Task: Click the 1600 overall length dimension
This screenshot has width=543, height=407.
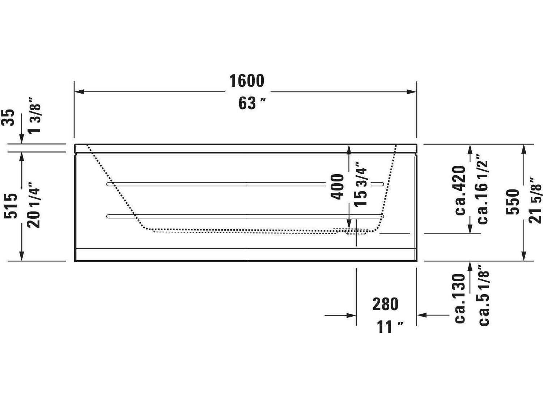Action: point(247,81)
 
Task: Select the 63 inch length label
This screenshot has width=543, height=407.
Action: point(252,104)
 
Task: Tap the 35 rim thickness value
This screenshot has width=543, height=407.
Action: point(10,117)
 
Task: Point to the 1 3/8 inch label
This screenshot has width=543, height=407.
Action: point(35,115)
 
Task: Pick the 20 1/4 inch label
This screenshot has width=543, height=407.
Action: point(35,207)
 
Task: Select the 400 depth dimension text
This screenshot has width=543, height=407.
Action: point(338,187)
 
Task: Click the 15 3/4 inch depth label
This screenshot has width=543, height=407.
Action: point(361,184)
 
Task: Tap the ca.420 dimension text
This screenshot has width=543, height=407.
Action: point(460,190)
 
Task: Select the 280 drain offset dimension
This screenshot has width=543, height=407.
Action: point(385,304)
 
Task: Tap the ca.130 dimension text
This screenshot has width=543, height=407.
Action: point(460,298)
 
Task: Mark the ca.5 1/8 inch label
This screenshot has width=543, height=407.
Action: point(484,295)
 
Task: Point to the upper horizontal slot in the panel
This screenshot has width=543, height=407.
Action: point(245,184)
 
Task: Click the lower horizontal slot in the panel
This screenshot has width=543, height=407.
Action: point(245,217)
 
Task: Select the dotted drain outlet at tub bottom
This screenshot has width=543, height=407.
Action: point(356,231)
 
